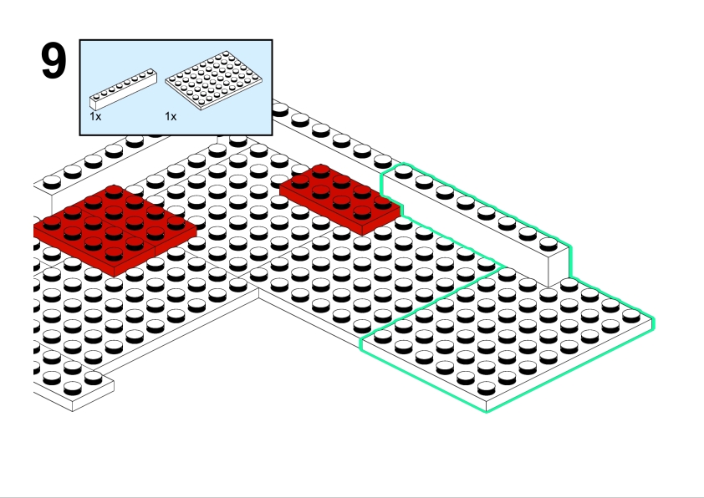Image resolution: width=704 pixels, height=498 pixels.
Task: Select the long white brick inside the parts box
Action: tap(123, 89)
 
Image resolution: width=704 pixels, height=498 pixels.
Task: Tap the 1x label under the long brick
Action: tap(95, 117)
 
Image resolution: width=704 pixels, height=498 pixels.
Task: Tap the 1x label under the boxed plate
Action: tap(171, 117)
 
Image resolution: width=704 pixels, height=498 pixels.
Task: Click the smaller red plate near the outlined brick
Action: tap(340, 199)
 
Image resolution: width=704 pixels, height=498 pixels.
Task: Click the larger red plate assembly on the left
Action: tap(115, 230)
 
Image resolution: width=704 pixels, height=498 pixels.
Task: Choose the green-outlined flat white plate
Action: tap(508, 338)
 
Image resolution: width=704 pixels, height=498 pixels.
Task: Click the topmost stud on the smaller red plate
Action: tap(320, 171)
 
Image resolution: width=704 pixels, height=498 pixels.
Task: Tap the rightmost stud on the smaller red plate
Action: tap(383, 202)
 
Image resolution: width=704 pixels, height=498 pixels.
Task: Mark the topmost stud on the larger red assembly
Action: tap(114, 192)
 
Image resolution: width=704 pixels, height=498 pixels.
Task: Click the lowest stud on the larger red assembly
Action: tap(114, 254)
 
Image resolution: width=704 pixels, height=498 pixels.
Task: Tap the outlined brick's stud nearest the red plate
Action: tap(403, 171)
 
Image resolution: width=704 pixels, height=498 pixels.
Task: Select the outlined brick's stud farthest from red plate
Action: tap(548, 244)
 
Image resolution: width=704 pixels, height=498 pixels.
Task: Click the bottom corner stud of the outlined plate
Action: tap(487, 388)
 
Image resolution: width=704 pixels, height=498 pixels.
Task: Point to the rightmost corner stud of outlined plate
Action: tap(631, 316)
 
